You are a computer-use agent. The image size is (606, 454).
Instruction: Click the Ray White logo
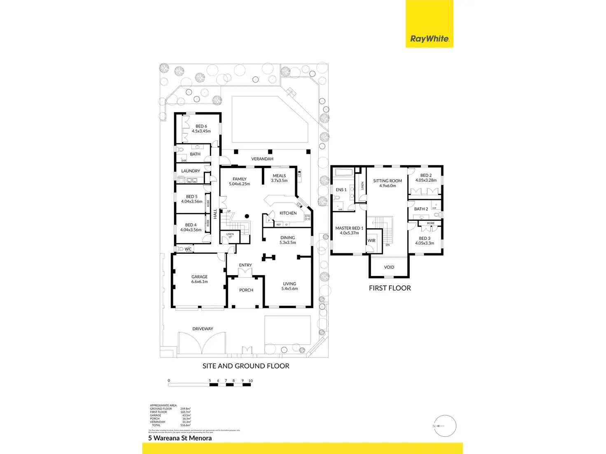(429, 39)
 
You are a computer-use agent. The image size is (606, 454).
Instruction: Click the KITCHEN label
(288, 213)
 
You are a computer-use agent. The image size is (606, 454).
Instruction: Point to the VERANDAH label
(262, 159)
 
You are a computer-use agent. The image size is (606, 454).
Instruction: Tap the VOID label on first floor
(389, 267)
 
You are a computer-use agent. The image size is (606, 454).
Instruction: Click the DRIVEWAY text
(203, 329)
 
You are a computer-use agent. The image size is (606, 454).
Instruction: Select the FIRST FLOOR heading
(390, 288)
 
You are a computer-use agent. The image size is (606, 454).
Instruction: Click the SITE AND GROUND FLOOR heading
(246, 366)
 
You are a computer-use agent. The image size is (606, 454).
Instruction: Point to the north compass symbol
(445, 426)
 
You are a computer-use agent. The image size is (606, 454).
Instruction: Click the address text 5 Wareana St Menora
(180, 438)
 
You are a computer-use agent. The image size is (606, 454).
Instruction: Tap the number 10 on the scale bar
(250, 381)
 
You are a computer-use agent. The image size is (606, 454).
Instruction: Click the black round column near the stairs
(247, 216)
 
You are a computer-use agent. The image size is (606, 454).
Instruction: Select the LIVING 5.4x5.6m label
(289, 286)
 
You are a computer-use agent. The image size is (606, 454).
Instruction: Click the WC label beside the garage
(188, 249)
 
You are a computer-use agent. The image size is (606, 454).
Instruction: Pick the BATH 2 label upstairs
(421, 209)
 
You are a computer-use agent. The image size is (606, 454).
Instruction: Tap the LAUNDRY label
(191, 171)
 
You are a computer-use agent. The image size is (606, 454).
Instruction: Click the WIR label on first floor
(371, 241)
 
